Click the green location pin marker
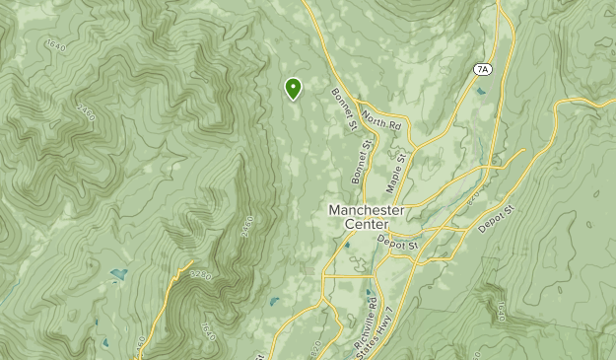pos(293,89)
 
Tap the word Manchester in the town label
pos(366,211)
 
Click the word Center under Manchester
pos(366,225)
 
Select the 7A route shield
pos(482,69)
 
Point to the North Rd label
pos(381,123)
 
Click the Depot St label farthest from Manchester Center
pos(498,219)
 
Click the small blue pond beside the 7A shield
pos(479,92)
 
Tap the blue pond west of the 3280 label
pos(118,274)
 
